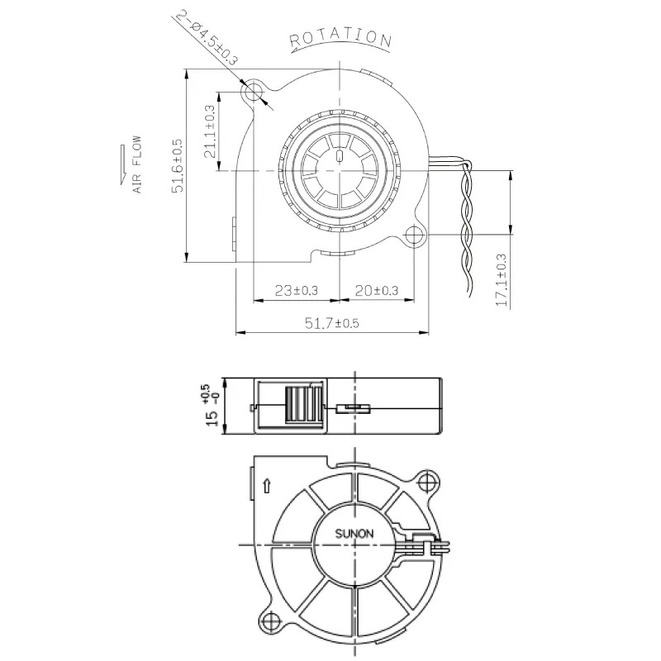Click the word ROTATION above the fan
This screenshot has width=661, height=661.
340,37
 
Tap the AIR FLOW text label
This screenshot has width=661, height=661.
137,165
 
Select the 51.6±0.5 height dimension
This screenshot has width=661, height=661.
177,166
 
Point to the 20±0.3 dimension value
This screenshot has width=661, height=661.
376,290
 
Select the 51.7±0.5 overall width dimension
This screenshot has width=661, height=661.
333,323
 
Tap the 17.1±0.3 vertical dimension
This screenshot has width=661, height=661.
501,281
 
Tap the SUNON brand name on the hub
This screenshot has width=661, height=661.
354,534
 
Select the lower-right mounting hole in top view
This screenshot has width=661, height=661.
413,235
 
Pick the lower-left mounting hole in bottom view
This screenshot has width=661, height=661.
270,618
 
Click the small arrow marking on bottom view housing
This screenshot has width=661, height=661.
266,486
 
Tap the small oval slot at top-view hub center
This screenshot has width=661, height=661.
339,157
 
